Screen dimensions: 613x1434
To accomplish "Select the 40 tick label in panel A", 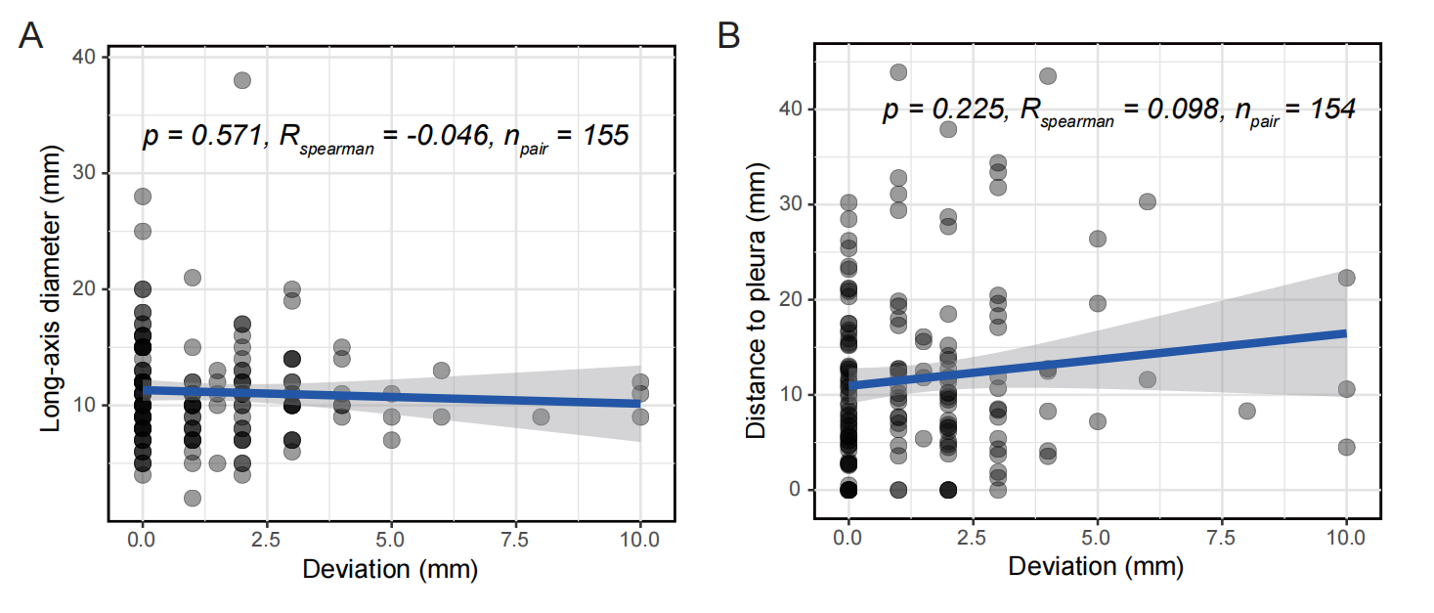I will click(84, 57).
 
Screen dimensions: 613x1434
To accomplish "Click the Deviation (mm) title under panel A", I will click(390, 569).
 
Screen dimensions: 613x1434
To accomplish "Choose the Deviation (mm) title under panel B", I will click(1096, 566).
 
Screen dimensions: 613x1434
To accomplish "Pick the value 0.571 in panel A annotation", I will click(219, 136).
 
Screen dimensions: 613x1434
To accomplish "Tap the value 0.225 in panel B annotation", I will click(958, 109).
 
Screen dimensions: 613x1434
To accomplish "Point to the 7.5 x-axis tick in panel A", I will click(516, 539).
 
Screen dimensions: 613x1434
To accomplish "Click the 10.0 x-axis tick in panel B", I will click(1346, 536).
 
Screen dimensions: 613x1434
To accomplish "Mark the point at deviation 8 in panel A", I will click(541, 416).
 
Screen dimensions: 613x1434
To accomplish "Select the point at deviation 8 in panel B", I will click(1246, 411).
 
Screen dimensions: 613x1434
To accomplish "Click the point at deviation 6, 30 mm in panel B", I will click(1147, 201).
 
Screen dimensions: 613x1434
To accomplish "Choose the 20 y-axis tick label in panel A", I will click(84, 288).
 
